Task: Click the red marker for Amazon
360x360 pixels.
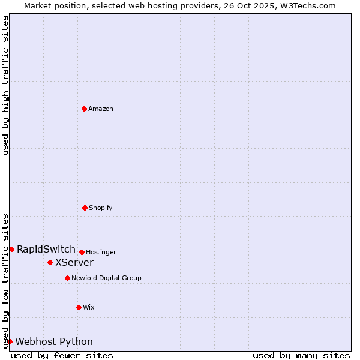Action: (84, 109)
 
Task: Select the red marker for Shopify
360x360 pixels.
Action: (85, 208)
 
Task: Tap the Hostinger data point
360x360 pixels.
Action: (82, 252)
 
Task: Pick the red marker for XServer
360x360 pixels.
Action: (50, 262)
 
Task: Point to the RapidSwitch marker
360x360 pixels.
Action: (11, 249)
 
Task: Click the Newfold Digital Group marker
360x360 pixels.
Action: (67, 278)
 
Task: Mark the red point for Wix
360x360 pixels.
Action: (79, 307)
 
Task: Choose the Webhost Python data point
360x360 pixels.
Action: (10, 341)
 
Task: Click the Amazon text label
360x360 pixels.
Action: (101, 109)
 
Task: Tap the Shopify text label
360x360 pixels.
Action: (101, 208)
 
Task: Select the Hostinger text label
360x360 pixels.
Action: (101, 253)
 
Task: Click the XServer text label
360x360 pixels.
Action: (74, 262)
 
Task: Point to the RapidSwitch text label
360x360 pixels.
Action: (46, 249)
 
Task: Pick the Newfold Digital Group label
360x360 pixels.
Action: (106, 278)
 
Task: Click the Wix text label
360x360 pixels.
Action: (89, 308)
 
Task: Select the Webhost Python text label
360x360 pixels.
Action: (54, 342)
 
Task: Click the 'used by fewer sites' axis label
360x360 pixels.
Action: (62, 356)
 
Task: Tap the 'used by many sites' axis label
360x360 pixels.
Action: (301, 356)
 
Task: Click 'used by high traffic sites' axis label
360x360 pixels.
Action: (5, 85)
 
